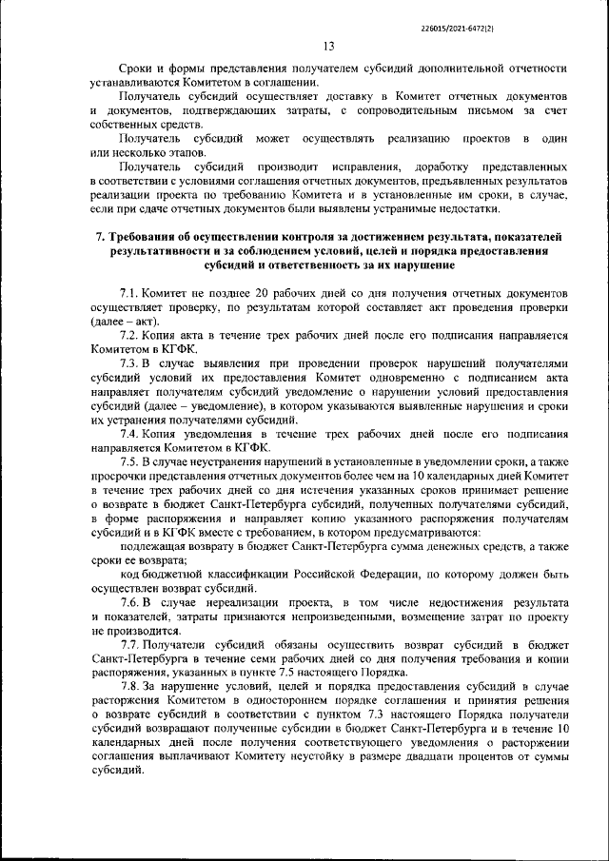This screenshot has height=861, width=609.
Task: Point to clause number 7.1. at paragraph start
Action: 133,294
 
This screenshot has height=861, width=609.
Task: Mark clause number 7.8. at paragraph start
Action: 133,686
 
